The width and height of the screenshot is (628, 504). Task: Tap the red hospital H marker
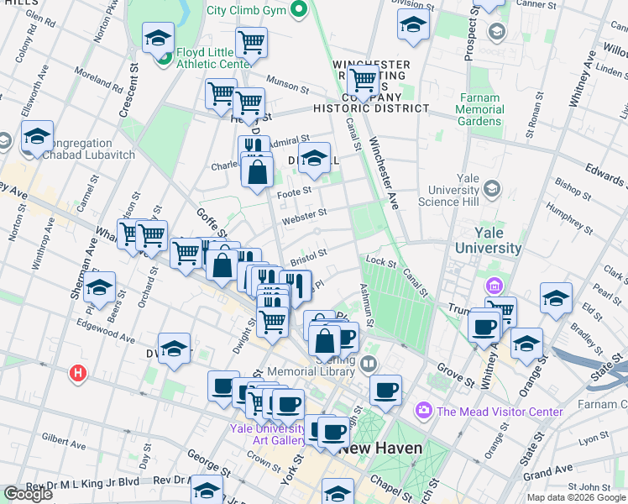point(78,372)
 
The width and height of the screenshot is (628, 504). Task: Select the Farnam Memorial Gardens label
point(481,109)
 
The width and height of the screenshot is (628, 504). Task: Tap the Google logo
point(29,494)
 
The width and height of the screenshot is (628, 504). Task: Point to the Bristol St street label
point(307,253)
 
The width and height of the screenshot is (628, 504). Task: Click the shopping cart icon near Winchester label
point(364,81)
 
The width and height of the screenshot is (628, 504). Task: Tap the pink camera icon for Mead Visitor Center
point(424,412)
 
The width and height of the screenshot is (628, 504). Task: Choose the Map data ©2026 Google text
point(575,497)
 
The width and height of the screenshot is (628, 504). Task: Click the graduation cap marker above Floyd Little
point(158,38)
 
